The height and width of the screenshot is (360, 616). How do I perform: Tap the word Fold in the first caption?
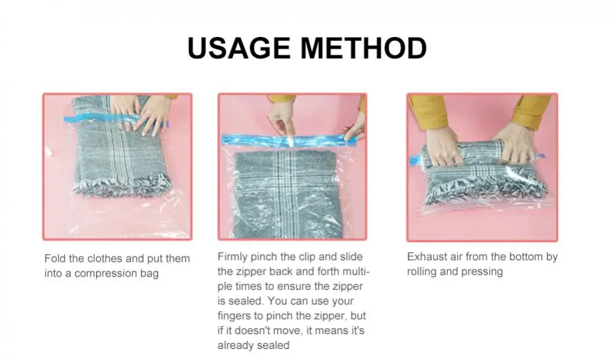click(x=55, y=258)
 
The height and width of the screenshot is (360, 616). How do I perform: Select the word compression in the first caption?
click(x=102, y=273)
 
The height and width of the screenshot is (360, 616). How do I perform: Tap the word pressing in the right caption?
click(x=482, y=272)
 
